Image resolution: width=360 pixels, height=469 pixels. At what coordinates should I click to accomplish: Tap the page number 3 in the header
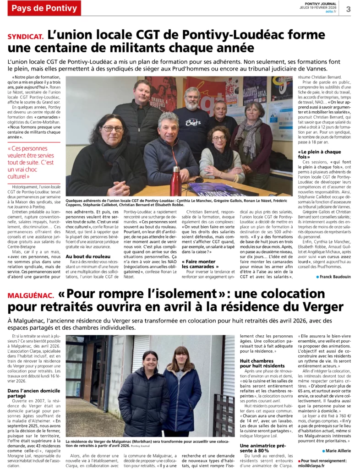pyautogui.click(x=349, y=9)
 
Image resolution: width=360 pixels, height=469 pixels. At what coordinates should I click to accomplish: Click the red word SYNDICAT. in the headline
pyautogui.click(x=26, y=35)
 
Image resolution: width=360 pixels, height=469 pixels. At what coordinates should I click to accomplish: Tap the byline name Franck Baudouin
pyautogui.click(x=336, y=276)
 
